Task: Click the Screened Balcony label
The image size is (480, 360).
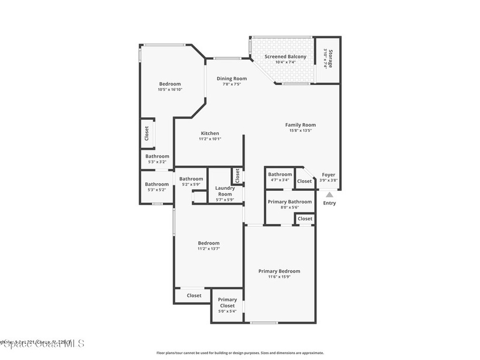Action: [285, 57]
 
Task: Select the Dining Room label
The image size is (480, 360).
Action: [232, 79]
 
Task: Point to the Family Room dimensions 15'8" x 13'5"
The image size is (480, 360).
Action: [300, 131]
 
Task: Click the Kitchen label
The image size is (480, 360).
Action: [210, 134]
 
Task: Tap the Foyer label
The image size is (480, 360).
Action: [329, 175]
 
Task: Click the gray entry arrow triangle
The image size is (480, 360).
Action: [330, 194]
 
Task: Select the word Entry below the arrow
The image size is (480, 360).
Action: [330, 203]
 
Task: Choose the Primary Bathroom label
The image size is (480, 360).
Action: [290, 202]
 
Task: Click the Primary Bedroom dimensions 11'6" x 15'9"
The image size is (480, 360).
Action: [279, 277]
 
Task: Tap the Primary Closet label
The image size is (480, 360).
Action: [227, 302]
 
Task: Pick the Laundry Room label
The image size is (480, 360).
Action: [225, 191]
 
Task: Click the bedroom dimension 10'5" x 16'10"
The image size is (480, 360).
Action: [170, 90]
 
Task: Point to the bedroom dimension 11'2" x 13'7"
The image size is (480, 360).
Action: [209, 249]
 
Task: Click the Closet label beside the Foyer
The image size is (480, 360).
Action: [304, 181]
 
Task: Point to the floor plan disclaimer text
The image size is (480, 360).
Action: [240, 353]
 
